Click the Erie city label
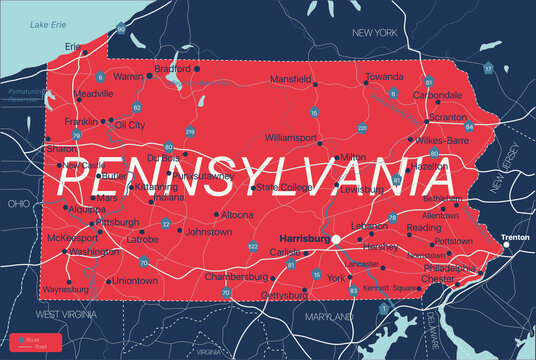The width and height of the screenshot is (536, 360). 73,46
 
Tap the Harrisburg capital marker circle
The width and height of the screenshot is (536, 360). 337,240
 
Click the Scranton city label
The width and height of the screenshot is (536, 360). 446,116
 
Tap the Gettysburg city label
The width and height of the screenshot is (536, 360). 283,296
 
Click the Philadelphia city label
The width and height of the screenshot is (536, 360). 451,269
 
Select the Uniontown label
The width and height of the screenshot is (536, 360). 134,281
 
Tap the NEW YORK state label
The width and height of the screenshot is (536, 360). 376,33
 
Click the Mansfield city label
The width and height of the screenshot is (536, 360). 291,77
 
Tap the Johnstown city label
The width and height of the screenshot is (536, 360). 208,231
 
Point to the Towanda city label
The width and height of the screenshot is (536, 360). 384,76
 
